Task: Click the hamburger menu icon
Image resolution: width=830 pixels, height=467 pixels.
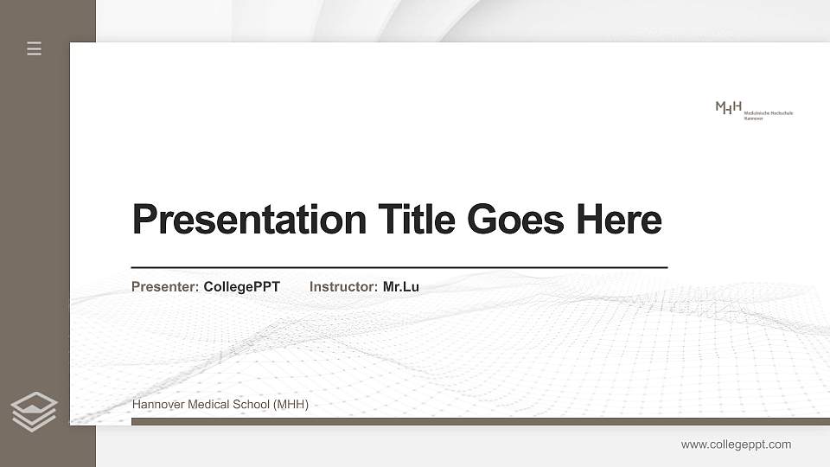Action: [x=34, y=48]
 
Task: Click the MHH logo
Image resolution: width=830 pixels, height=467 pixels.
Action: [x=729, y=108]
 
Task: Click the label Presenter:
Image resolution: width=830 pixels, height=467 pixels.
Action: [x=165, y=286]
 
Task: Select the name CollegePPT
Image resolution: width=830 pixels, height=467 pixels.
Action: [x=241, y=286]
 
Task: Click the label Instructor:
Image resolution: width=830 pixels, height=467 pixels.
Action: [x=343, y=286]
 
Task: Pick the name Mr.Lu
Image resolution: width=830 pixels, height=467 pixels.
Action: [x=400, y=286]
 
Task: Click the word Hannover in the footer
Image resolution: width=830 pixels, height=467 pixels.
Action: [x=157, y=405]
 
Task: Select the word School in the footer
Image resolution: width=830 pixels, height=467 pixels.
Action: [x=250, y=405]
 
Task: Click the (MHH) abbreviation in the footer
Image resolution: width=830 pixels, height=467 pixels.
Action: [x=290, y=405]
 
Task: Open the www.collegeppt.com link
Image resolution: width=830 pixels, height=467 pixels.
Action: [x=736, y=445]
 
